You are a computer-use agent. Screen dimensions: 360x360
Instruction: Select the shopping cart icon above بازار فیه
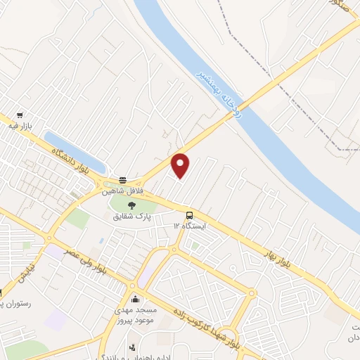(x=20, y=115)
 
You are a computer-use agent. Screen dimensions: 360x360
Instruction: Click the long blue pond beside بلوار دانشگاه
(x=74, y=150)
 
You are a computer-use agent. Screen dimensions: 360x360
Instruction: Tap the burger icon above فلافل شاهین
(x=123, y=179)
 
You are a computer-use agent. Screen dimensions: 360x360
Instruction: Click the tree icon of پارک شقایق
(x=132, y=205)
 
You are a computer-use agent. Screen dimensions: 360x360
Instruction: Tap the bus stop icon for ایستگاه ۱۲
(x=189, y=215)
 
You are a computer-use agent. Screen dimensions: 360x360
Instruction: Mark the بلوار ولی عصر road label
(x=91, y=262)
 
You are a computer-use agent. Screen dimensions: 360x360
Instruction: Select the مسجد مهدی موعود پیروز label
(x=134, y=314)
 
